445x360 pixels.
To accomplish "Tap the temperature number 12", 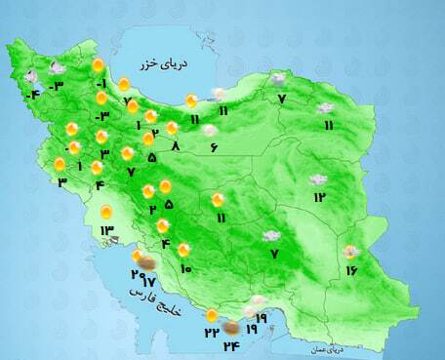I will point(319,197).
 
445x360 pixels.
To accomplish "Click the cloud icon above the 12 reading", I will point(317,180).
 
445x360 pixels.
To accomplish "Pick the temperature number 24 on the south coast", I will point(232,344).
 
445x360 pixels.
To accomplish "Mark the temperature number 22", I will point(211,332).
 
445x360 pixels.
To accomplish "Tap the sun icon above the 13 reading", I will point(106,211).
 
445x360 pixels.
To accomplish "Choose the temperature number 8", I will point(176,145).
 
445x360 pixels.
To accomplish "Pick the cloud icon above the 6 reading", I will point(209,130).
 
